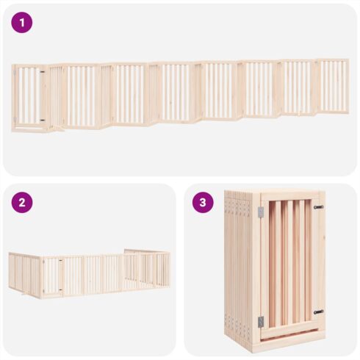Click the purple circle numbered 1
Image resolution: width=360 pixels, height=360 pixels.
tap(22, 23)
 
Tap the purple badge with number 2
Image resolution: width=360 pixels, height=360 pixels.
tap(22, 203)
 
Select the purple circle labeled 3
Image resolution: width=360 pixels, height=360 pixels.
tap(203, 203)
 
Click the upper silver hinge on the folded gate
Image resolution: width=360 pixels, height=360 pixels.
tap(261, 212)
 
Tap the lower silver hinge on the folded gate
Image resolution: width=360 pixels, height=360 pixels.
tap(261, 322)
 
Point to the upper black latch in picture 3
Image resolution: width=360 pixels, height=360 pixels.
tap(319, 207)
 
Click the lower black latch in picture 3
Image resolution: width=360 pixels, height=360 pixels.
tap(319, 312)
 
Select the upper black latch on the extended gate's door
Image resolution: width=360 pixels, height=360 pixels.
tap(43, 72)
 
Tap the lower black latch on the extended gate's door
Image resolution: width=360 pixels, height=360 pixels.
tap(43, 120)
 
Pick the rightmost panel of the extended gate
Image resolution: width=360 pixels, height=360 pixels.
tap(333, 86)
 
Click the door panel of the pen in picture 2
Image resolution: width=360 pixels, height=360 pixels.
tap(53, 276)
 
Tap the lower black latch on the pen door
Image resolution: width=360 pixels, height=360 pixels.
tap(60, 289)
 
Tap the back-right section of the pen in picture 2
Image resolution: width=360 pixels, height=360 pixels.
tap(147, 267)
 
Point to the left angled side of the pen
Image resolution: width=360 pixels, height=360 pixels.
tap(24, 274)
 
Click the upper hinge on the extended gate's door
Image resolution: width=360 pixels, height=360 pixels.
tap(15, 73)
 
